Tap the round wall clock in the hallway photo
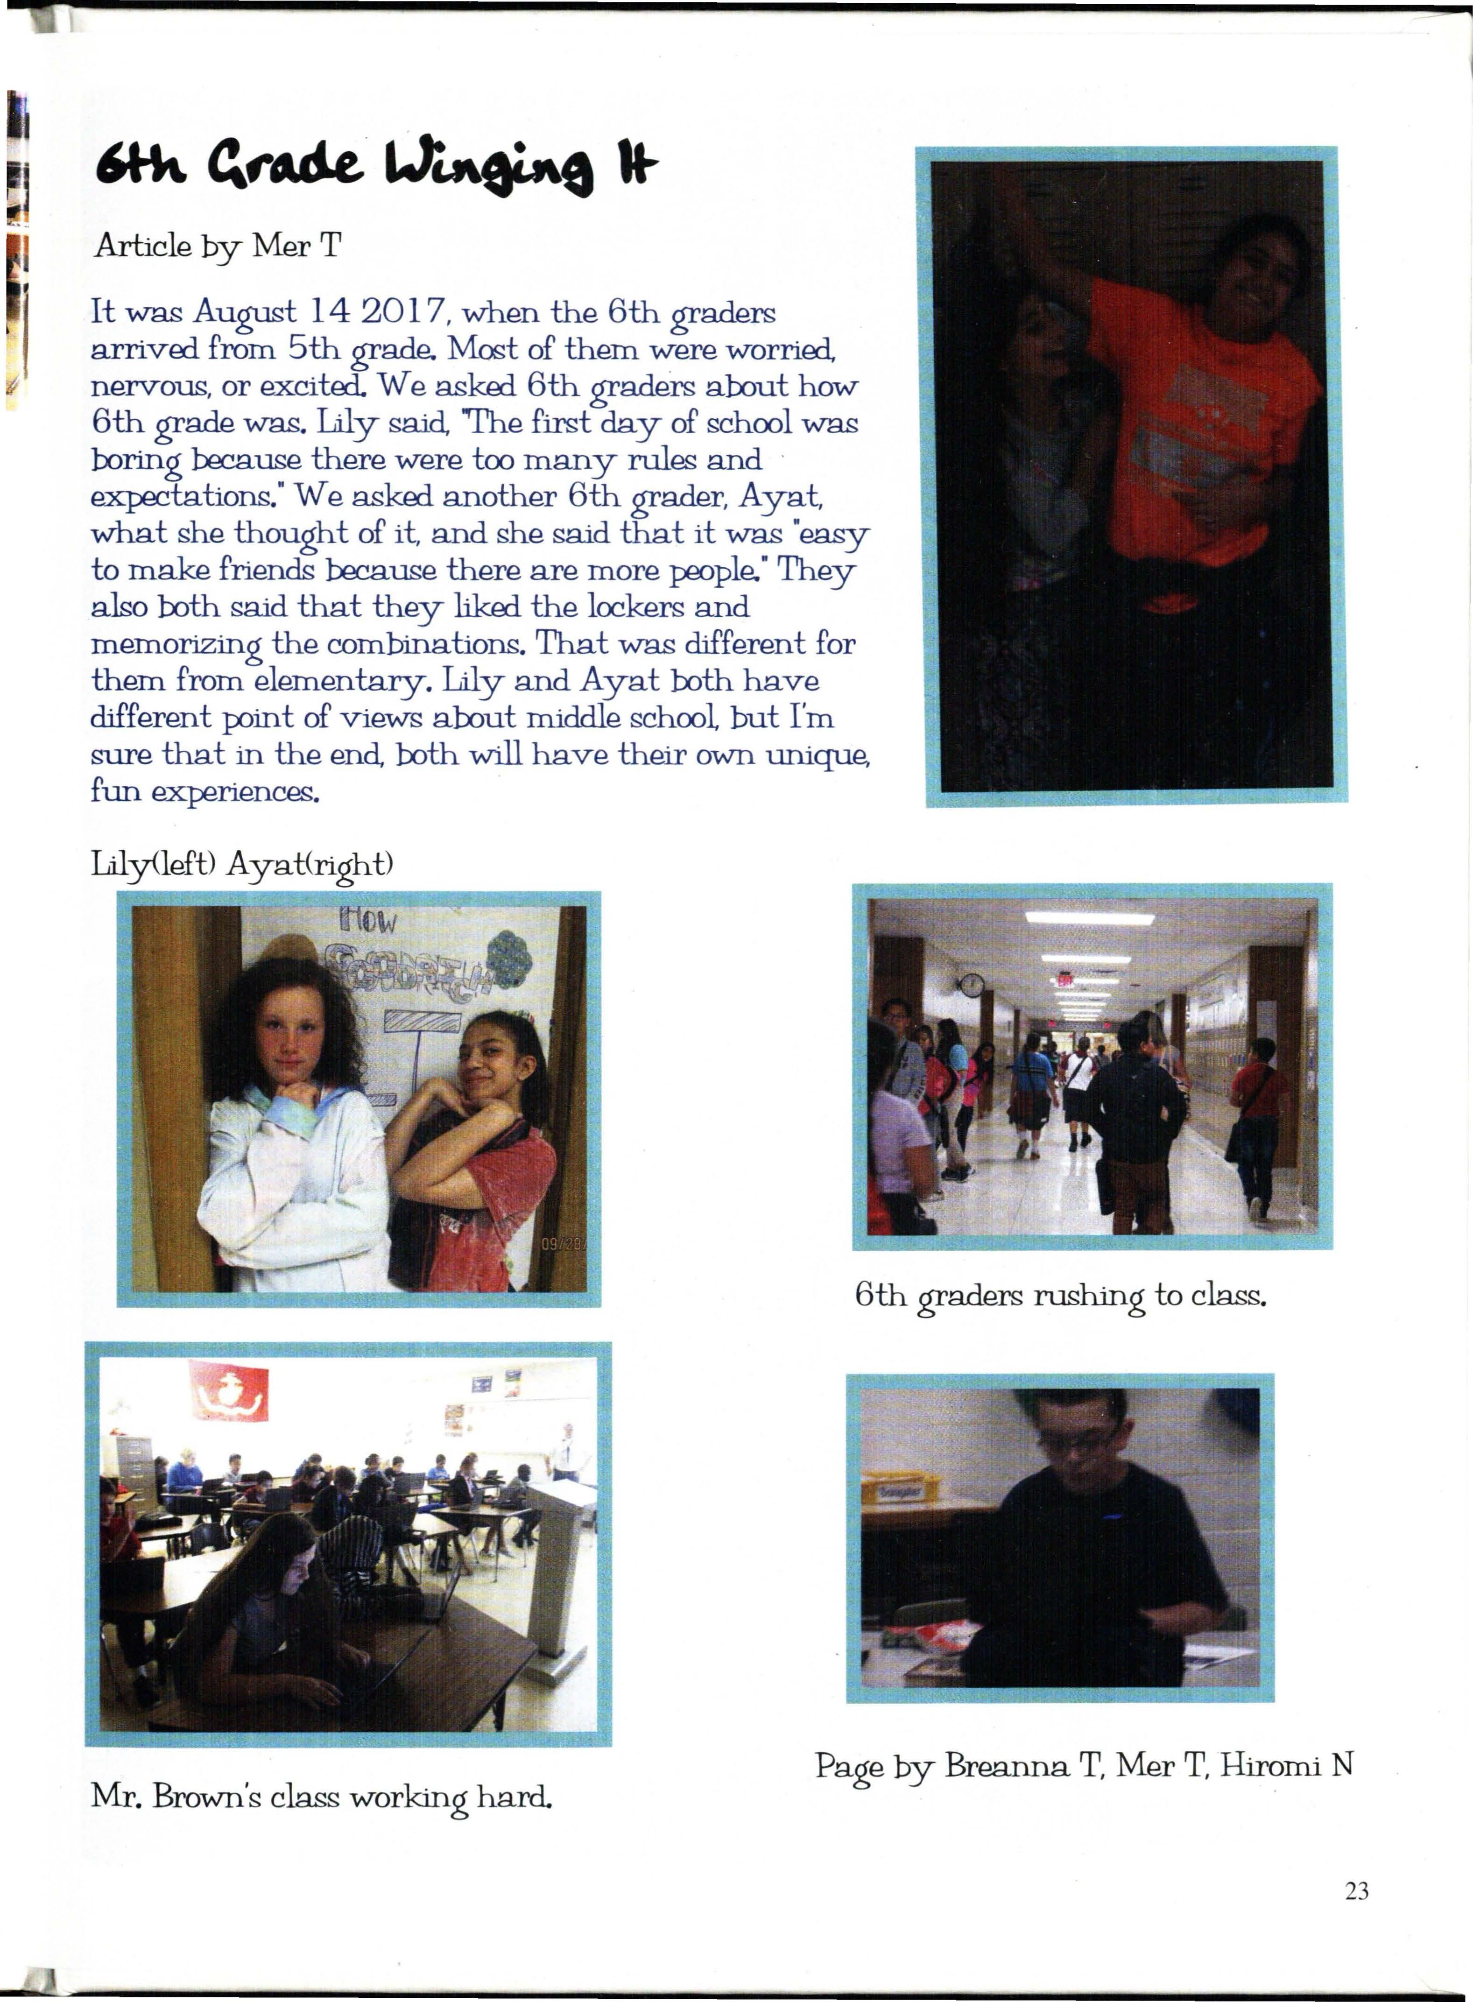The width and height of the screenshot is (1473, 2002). pyautogui.click(x=972, y=986)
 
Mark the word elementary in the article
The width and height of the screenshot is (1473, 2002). pyautogui.click(x=337, y=681)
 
